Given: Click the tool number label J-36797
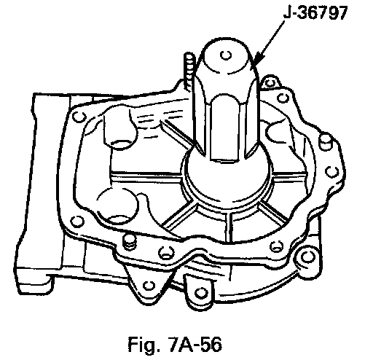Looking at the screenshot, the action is (x=315, y=13).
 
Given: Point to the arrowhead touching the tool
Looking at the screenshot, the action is (x=258, y=60).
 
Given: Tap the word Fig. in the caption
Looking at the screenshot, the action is (x=142, y=344).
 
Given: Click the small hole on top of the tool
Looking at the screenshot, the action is (x=226, y=55).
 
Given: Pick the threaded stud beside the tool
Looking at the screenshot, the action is (x=189, y=71).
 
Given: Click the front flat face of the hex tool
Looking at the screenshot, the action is (x=224, y=128).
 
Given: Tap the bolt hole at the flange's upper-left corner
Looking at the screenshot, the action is (x=79, y=117).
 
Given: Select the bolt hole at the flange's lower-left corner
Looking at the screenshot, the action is (x=77, y=222).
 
